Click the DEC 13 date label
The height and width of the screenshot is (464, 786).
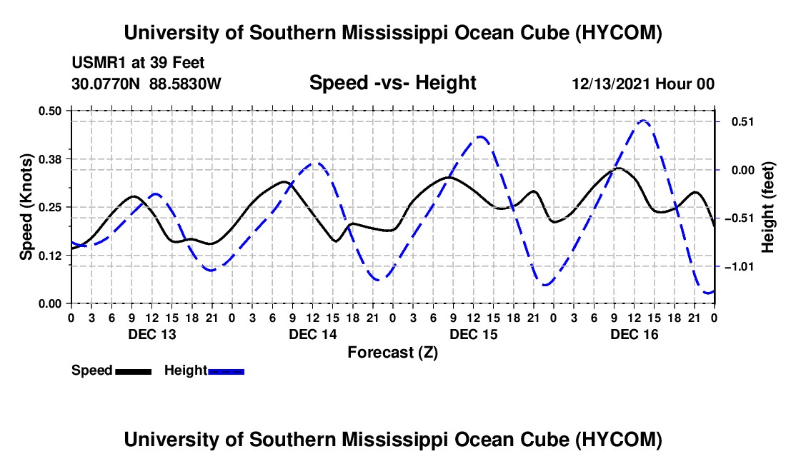(152, 334)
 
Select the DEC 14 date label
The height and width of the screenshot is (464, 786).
(313, 334)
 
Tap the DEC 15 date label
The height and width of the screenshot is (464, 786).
(474, 334)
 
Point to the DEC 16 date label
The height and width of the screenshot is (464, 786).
(634, 334)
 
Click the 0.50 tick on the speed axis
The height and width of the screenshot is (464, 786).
(50, 111)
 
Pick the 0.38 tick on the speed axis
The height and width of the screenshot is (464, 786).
(50, 159)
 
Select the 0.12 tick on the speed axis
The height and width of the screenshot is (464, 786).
(50, 256)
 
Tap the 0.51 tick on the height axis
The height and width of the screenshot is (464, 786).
(743, 122)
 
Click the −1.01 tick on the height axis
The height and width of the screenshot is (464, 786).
(740, 267)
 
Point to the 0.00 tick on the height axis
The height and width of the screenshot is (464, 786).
(743, 170)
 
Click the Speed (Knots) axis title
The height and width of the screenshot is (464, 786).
(26, 207)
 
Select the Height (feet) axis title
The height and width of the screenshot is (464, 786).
(767, 207)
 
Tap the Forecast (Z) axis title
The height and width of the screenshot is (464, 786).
(392, 353)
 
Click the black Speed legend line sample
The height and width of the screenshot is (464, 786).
(134, 371)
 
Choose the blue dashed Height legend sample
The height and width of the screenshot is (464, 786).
(226, 371)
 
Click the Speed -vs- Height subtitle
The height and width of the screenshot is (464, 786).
(392, 83)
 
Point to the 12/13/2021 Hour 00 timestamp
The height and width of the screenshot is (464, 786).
(643, 84)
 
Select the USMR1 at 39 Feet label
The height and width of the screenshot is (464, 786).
(138, 63)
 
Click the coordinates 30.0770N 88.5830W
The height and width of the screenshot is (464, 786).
(146, 84)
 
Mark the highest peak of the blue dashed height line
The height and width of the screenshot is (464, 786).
(643, 121)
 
